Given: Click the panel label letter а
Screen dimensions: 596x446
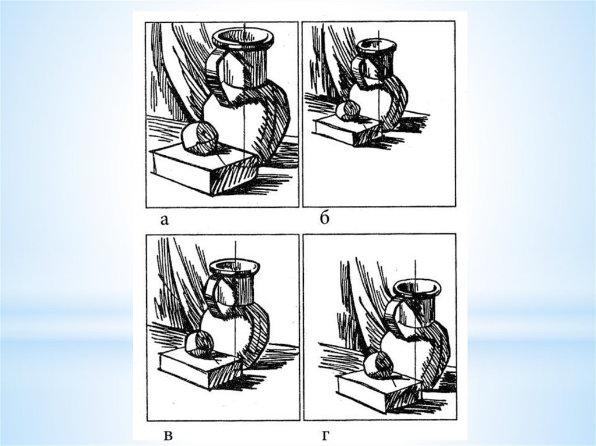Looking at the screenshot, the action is pyautogui.click(x=164, y=220).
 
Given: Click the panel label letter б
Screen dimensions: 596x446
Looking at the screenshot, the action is pyautogui.click(x=324, y=218).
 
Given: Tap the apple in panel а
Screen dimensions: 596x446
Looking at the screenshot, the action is pyautogui.click(x=200, y=138).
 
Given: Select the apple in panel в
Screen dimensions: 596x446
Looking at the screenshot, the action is pyautogui.click(x=200, y=344).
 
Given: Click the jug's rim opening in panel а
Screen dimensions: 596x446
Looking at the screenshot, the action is pyautogui.click(x=243, y=37).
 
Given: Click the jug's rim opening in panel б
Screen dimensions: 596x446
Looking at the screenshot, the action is pyautogui.click(x=377, y=45).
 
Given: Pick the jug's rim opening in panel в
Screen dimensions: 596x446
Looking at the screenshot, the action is pyautogui.click(x=235, y=267).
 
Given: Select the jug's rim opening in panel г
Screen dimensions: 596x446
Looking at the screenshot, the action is pyautogui.click(x=417, y=288).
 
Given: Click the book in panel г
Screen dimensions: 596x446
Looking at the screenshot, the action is pyautogui.click(x=379, y=392).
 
